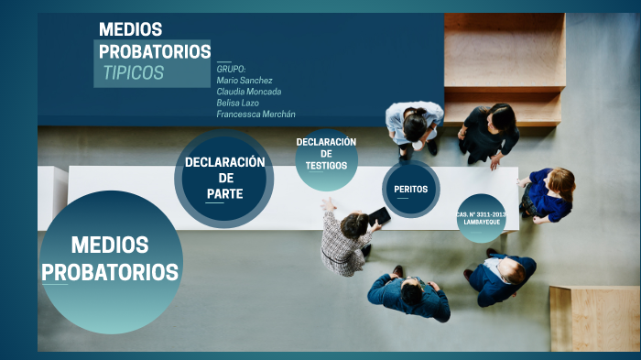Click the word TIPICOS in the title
point(134,73)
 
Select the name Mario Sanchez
point(244,81)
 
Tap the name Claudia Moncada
point(249,92)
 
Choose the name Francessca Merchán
point(255,114)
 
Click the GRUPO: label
point(231,70)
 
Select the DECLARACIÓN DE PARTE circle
point(224,179)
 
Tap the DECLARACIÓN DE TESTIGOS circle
point(326,158)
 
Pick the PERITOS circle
point(411,189)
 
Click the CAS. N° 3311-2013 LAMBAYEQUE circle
point(481,218)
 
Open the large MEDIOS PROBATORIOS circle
point(110,261)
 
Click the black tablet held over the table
point(379,216)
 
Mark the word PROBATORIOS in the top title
point(155,51)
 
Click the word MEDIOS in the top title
point(131,29)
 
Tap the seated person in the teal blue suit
point(409,295)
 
